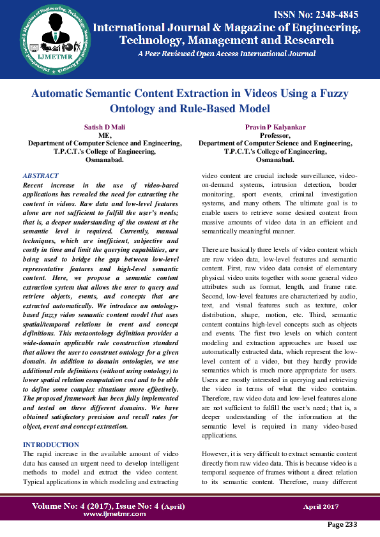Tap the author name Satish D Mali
105,128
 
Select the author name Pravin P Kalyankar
276,128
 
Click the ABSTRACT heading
40,175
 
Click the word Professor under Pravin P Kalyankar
275,136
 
